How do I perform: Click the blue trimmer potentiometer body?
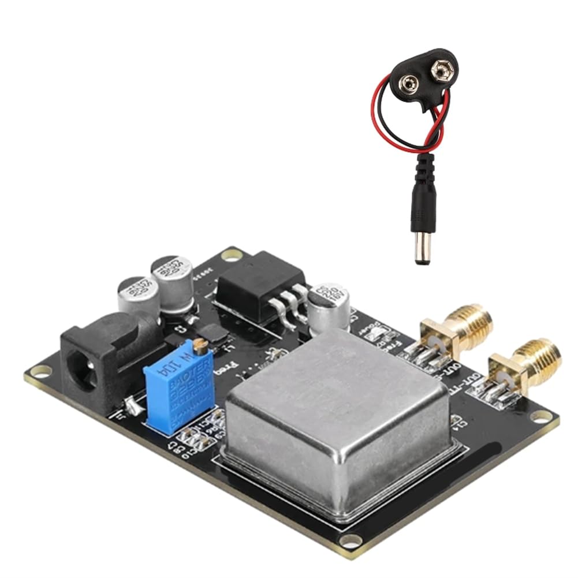click(180, 385)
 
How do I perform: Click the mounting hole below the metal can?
click(350, 540)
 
